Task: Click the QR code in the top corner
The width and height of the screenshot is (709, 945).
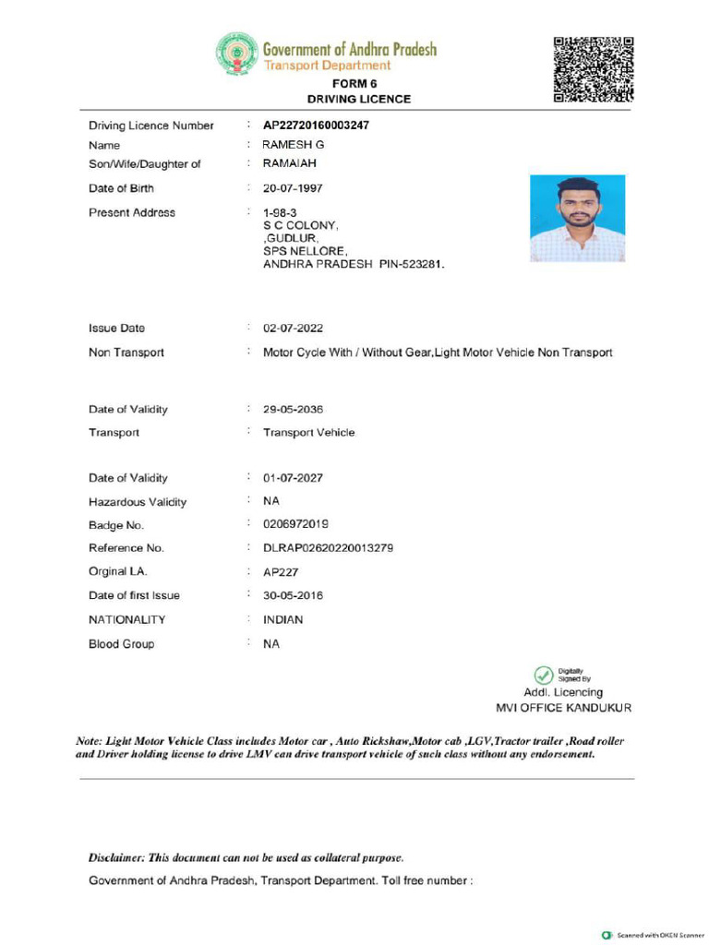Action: (594, 69)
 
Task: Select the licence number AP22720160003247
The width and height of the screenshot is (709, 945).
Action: (316, 126)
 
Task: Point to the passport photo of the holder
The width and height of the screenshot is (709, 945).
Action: (577, 219)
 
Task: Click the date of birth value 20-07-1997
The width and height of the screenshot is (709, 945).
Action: (293, 188)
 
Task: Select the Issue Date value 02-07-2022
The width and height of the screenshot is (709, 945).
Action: (293, 329)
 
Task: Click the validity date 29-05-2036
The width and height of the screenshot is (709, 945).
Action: (293, 410)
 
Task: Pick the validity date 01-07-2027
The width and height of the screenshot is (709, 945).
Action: (293, 478)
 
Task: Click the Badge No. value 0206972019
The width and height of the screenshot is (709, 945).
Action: (295, 525)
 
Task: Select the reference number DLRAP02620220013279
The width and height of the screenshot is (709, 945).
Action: (328, 548)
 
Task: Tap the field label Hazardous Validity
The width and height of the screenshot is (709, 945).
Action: (138, 502)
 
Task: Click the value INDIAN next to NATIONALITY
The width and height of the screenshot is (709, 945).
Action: (282, 620)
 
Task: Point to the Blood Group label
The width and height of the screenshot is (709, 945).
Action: (122, 644)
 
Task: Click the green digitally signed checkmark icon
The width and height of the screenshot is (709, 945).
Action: (544, 675)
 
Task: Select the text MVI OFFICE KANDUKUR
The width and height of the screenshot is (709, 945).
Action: (563, 709)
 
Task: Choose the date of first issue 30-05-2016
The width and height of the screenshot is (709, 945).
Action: (293, 595)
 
